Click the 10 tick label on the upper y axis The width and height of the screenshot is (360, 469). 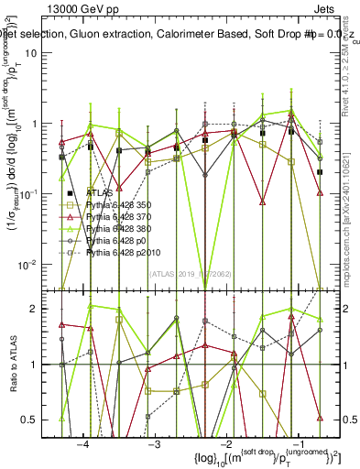tap(39, 52)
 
